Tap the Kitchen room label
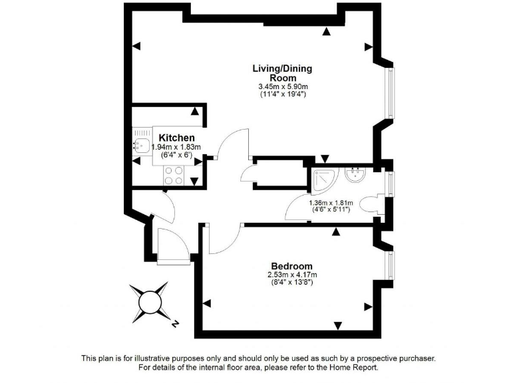coord(176,138)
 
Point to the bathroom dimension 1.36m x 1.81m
coord(330,203)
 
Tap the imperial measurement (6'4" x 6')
coord(176,156)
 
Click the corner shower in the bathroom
coord(324,178)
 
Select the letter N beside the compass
coord(174,324)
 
